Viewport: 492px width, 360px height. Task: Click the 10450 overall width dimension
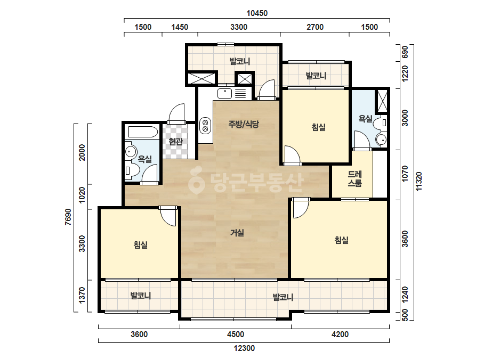click(x=257, y=13)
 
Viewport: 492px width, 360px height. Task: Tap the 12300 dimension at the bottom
click(x=244, y=348)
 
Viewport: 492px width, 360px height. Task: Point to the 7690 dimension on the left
click(x=68, y=217)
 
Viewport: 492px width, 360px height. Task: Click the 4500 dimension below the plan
click(x=235, y=334)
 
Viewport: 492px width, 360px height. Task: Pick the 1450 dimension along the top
click(x=180, y=27)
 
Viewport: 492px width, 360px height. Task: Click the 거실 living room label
click(x=237, y=233)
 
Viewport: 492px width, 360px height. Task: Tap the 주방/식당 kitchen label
click(x=244, y=124)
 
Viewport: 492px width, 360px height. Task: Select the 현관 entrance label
click(x=176, y=142)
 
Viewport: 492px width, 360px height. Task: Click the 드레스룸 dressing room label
click(x=355, y=178)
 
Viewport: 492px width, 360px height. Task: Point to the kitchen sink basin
click(x=224, y=93)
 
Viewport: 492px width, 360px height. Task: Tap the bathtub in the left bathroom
click(x=143, y=132)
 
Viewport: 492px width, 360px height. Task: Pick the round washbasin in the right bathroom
click(x=382, y=140)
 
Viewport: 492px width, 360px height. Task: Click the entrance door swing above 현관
click(x=176, y=113)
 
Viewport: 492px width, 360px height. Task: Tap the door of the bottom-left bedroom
click(x=168, y=216)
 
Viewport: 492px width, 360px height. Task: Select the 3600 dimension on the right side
click(x=405, y=239)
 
